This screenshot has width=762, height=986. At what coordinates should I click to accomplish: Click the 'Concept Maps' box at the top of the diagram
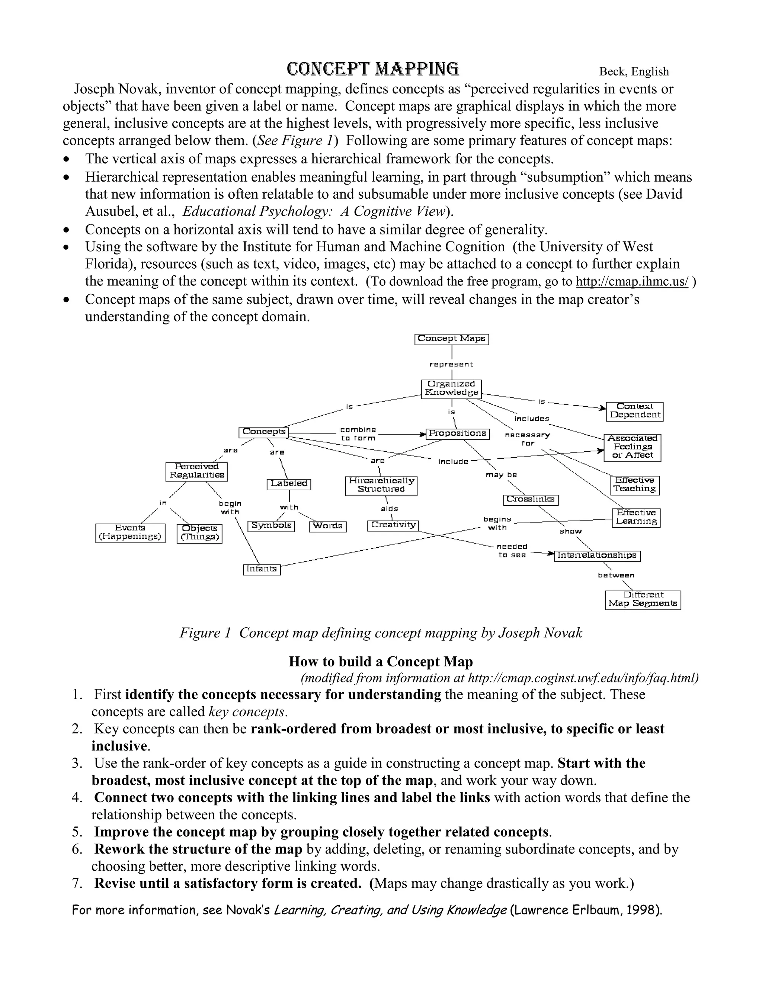click(x=451, y=339)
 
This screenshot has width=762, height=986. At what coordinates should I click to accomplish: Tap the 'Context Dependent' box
click(x=634, y=411)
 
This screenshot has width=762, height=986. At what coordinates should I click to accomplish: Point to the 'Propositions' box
click(x=457, y=433)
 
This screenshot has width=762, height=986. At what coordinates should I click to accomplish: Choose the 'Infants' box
click(x=262, y=569)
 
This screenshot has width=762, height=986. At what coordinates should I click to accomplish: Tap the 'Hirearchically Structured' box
click(x=381, y=485)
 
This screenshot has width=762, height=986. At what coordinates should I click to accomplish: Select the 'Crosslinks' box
click(x=531, y=499)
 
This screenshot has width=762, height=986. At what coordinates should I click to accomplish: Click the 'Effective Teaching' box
click(x=634, y=485)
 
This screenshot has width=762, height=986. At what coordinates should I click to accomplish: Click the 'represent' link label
click(x=451, y=364)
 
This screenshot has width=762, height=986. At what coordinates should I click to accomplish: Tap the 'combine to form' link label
click(x=358, y=434)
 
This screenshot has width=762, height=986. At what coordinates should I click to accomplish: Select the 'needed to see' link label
click(x=512, y=551)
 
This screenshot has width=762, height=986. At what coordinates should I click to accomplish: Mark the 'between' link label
click(x=616, y=575)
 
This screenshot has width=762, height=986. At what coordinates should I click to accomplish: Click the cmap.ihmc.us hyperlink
click(x=632, y=282)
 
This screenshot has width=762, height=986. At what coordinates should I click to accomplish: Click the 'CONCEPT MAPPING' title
click(x=373, y=69)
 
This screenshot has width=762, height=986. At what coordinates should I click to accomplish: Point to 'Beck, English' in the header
click(x=634, y=72)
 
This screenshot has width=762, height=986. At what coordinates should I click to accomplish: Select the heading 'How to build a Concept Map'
click(x=381, y=662)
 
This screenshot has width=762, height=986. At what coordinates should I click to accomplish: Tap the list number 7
click(x=77, y=883)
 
